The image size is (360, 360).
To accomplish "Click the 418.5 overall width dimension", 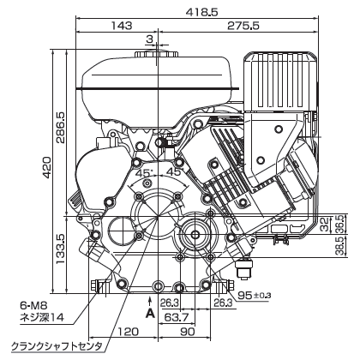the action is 202,12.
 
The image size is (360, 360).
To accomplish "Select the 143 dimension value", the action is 122,26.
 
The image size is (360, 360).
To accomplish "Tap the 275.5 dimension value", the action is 243,26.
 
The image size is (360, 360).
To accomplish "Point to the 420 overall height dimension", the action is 47,167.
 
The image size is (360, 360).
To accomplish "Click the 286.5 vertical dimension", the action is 61,128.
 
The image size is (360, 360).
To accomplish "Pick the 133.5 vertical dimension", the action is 61,249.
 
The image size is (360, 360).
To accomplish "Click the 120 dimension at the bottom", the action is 128,332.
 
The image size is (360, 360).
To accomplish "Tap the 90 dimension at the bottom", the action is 188,332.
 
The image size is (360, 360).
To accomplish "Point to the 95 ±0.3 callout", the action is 255,295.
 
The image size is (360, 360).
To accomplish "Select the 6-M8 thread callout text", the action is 32,306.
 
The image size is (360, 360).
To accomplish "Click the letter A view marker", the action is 150,314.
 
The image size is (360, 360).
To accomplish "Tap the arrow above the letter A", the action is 149,302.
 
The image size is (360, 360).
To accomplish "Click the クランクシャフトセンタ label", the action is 57,347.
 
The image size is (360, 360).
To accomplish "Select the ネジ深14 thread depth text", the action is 42,317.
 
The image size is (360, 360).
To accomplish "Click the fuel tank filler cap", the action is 157,54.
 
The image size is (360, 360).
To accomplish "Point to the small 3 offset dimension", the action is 149,39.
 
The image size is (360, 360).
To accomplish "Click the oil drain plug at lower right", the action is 243,268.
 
